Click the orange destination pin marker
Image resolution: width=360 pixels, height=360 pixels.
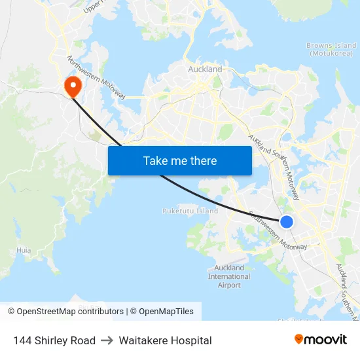pyautogui.click(x=71, y=85)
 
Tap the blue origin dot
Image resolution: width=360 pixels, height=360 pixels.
pyautogui.click(x=287, y=222)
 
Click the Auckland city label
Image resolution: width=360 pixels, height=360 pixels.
pyautogui.click(x=205, y=69)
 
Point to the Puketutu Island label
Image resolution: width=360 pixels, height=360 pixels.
pyautogui.click(x=190, y=211)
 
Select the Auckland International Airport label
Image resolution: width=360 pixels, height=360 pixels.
pyautogui.click(x=229, y=276)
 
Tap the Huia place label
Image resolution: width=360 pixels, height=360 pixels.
pyautogui.click(x=24, y=250)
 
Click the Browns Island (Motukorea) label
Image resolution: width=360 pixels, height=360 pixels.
pyautogui.click(x=331, y=50)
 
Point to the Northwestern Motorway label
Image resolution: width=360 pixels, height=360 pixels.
pyautogui.click(x=96, y=77)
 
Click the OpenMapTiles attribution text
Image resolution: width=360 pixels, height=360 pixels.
pyautogui.click(x=166, y=312)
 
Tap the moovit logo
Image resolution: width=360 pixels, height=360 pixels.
pyautogui.click(x=321, y=340)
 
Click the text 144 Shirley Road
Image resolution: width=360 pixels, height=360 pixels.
pyautogui.click(x=54, y=340)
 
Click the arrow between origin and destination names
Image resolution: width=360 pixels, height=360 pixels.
pyautogui.click(x=107, y=340)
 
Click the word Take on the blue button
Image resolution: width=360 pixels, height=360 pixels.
pyautogui.click(x=155, y=161)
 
